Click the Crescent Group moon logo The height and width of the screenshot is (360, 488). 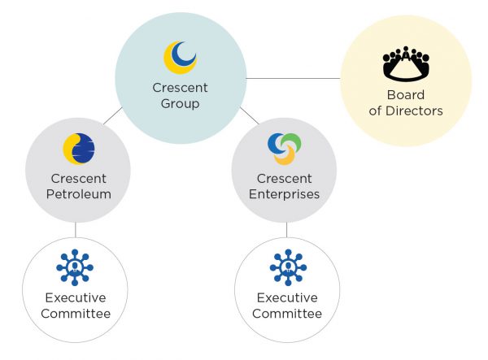(180, 57)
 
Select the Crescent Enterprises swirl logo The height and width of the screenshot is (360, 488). (285, 148)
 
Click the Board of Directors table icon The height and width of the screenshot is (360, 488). (405, 65)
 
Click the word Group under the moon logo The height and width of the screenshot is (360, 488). (180, 104)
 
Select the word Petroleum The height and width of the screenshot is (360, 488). (79, 194)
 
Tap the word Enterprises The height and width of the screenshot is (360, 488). (285, 194)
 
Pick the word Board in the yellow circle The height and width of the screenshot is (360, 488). (405, 95)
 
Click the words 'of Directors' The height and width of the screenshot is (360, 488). (405, 111)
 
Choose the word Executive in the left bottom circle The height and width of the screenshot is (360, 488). (75, 297)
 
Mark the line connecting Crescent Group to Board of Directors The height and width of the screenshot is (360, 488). (293, 79)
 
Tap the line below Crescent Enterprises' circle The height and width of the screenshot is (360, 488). (285, 231)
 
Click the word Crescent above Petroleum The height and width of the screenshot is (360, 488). (79, 178)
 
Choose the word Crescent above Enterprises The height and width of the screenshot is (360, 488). (285, 178)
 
